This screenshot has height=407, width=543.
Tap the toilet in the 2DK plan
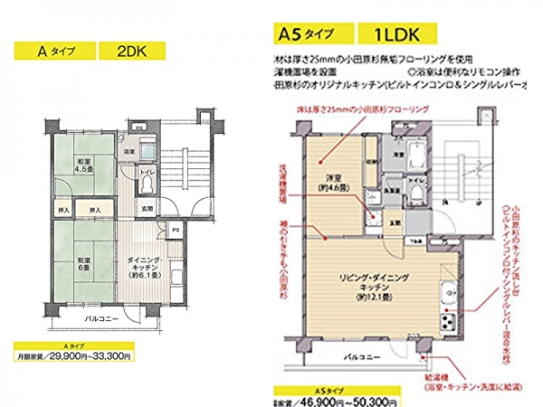pos(148,185)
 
